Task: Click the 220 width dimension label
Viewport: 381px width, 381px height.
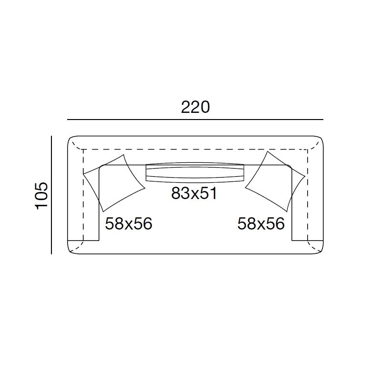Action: click(x=195, y=107)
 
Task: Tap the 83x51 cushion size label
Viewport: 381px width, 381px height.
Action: click(x=194, y=193)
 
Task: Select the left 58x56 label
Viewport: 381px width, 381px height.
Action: click(x=129, y=223)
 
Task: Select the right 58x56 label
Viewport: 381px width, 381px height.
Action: click(x=261, y=223)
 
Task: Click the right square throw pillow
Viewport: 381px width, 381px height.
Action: click(x=275, y=182)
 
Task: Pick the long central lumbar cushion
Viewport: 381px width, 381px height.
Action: click(x=195, y=172)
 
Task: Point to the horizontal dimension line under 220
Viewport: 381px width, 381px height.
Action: click(x=195, y=120)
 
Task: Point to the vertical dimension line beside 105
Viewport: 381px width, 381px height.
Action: click(x=51, y=195)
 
